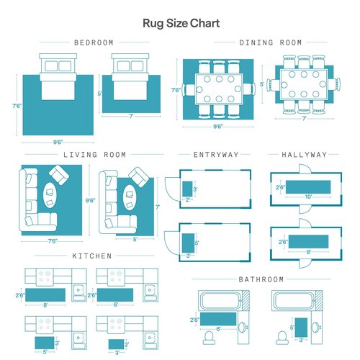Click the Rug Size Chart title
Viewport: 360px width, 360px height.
click(x=181, y=24)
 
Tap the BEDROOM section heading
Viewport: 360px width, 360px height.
click(x=94, y=42)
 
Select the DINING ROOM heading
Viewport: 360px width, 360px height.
click(x=271, y=42)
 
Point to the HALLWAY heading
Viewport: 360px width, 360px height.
click(x=305, y=155)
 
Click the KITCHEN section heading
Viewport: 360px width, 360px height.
click(x=92, y=256)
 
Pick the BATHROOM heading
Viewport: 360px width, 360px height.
click(x=261, y=279)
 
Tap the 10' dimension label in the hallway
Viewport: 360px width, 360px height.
click(x=308, y=197)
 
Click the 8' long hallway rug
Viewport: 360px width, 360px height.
click(x=308, y=241)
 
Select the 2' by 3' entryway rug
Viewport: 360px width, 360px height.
click(x=187, y=189)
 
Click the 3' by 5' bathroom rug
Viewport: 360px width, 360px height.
click(x=301, y=328)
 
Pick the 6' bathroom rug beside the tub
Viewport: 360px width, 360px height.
click(x=218, y=319)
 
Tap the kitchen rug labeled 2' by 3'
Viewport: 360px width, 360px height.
click(x=116, y=344)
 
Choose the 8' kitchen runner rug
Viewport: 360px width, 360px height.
click(x=45, y=295)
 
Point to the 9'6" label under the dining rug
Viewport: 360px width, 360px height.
click(x=218, y=126)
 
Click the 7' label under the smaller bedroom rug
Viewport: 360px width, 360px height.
click(x=131, y=117)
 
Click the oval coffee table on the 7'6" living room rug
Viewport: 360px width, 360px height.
click(x=50, y=195)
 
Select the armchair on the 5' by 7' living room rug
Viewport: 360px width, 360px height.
click(x=139, y=177)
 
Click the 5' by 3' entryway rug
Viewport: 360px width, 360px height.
click(x=188, y=243)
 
